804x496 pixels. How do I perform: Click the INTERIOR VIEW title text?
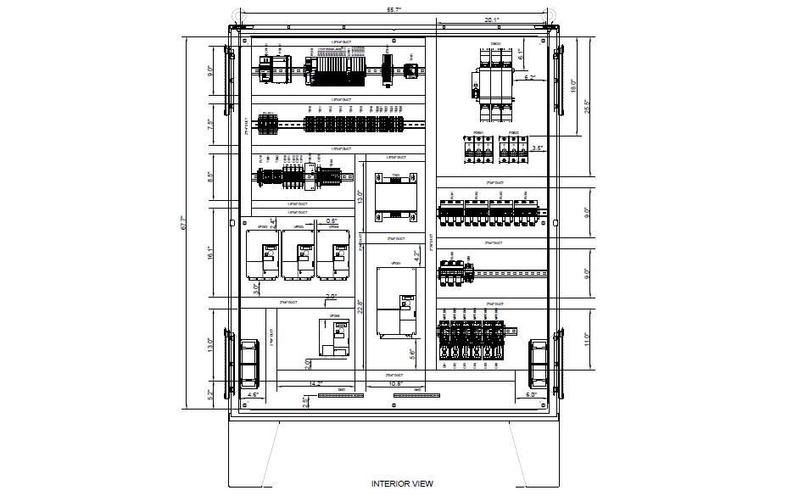click(x=402, y=484)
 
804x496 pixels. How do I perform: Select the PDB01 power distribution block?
click(x=477, y=149)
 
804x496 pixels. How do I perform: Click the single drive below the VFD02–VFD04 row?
click(x=332, y=338)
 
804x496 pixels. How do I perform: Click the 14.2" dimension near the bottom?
click(x=317, y=384)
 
